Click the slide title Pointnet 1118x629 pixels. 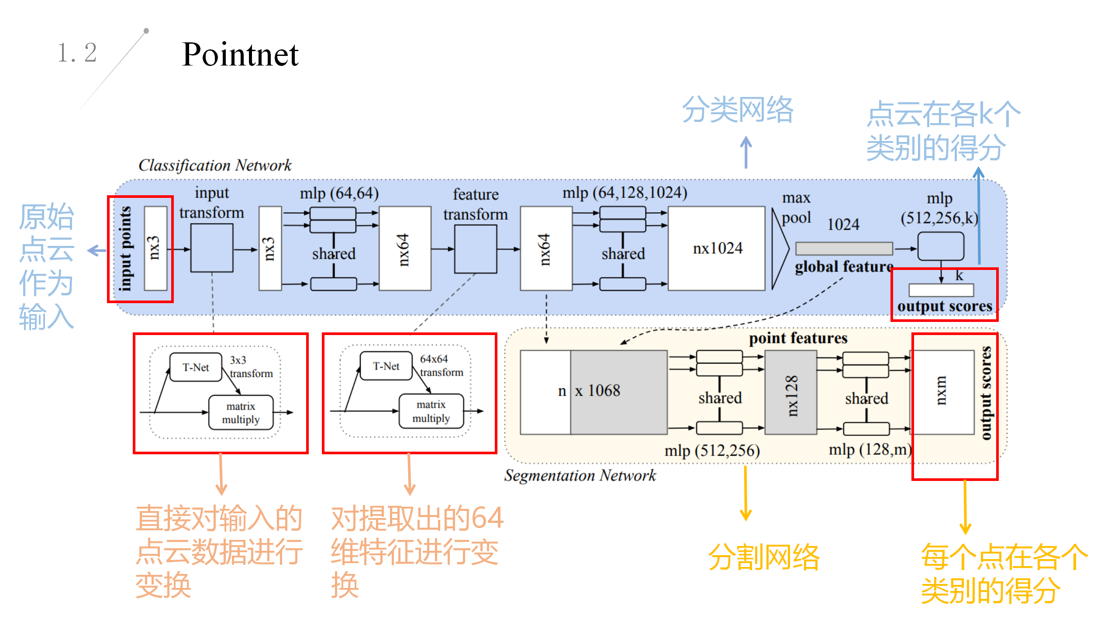tap(240, 55)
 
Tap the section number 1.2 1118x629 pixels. tap(77, 53)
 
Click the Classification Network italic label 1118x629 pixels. tap(215, 165)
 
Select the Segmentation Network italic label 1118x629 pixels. tap(580, 475)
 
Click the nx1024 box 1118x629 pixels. tap(717, 248)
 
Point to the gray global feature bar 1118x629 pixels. tap(844, 249)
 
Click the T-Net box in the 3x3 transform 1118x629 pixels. tap(196, 367)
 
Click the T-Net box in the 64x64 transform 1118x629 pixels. tap(386, 366)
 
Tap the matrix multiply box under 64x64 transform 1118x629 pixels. tap(431, 411)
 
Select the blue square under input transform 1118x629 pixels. tap(212, 248)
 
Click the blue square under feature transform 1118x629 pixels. tap(476, 249)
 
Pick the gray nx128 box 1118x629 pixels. tap(790, 392)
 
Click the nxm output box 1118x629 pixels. tap(943, 392)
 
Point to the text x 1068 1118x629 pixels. tap(597, 391)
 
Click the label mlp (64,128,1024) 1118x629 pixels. tap(625, 192)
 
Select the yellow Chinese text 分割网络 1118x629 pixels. tap(764, 557)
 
